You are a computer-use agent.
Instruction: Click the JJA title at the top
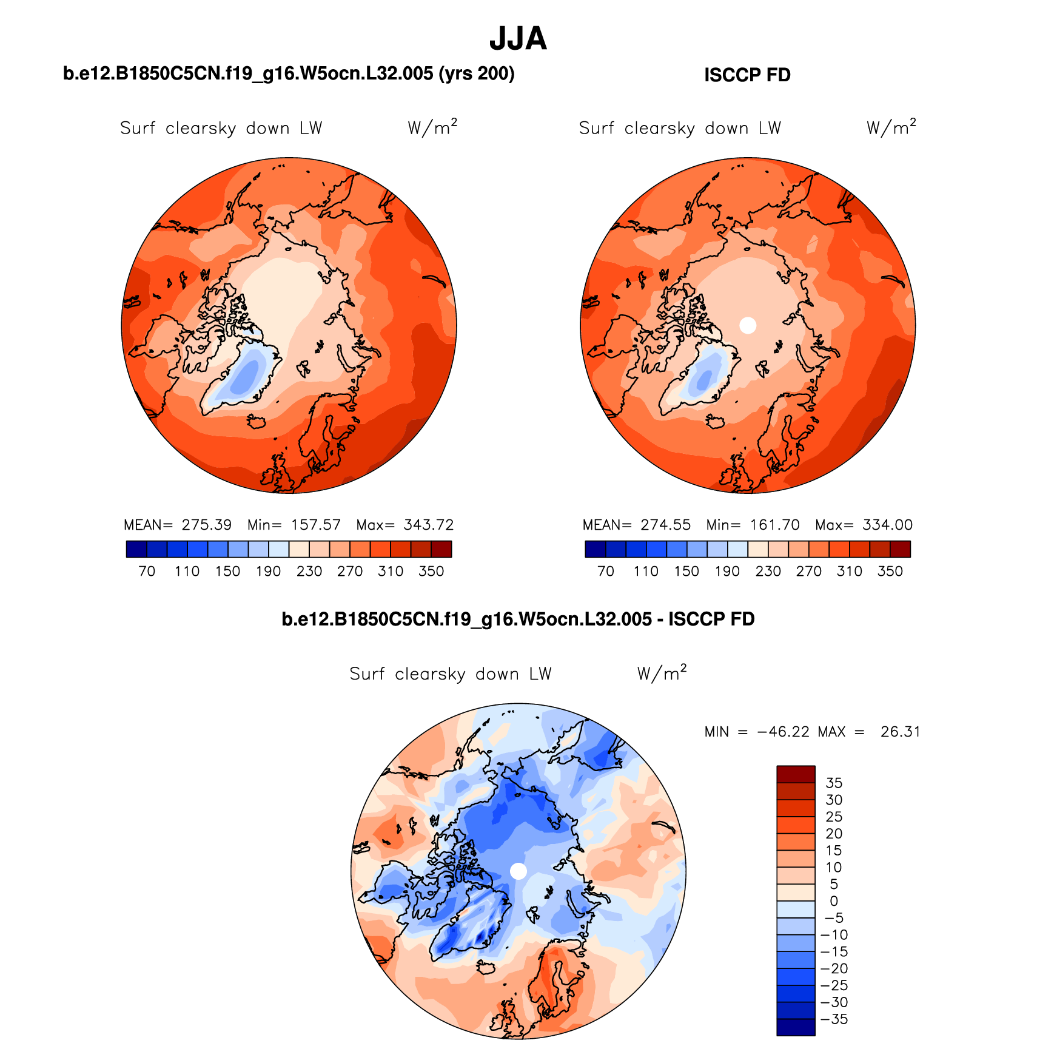518,39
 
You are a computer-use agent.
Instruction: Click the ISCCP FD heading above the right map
747,75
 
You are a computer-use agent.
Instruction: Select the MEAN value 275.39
207,525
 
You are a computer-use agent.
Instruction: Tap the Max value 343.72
429,525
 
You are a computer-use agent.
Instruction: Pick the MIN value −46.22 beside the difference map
783,732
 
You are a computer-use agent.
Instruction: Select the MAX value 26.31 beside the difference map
900,732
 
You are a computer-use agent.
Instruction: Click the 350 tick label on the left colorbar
431,572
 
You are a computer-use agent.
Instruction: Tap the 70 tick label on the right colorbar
605,572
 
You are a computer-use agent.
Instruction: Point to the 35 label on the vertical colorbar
834,783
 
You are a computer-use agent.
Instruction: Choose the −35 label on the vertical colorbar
834,1019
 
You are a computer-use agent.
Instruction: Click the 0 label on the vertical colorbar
834,902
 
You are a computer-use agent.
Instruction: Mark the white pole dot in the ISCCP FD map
748,325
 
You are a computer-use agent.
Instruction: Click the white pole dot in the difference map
518,871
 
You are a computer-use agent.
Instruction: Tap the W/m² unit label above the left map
432,127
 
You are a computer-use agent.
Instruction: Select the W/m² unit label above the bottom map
662,673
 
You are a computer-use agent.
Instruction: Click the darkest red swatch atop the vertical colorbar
796,774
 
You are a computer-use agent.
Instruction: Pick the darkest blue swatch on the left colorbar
136,549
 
